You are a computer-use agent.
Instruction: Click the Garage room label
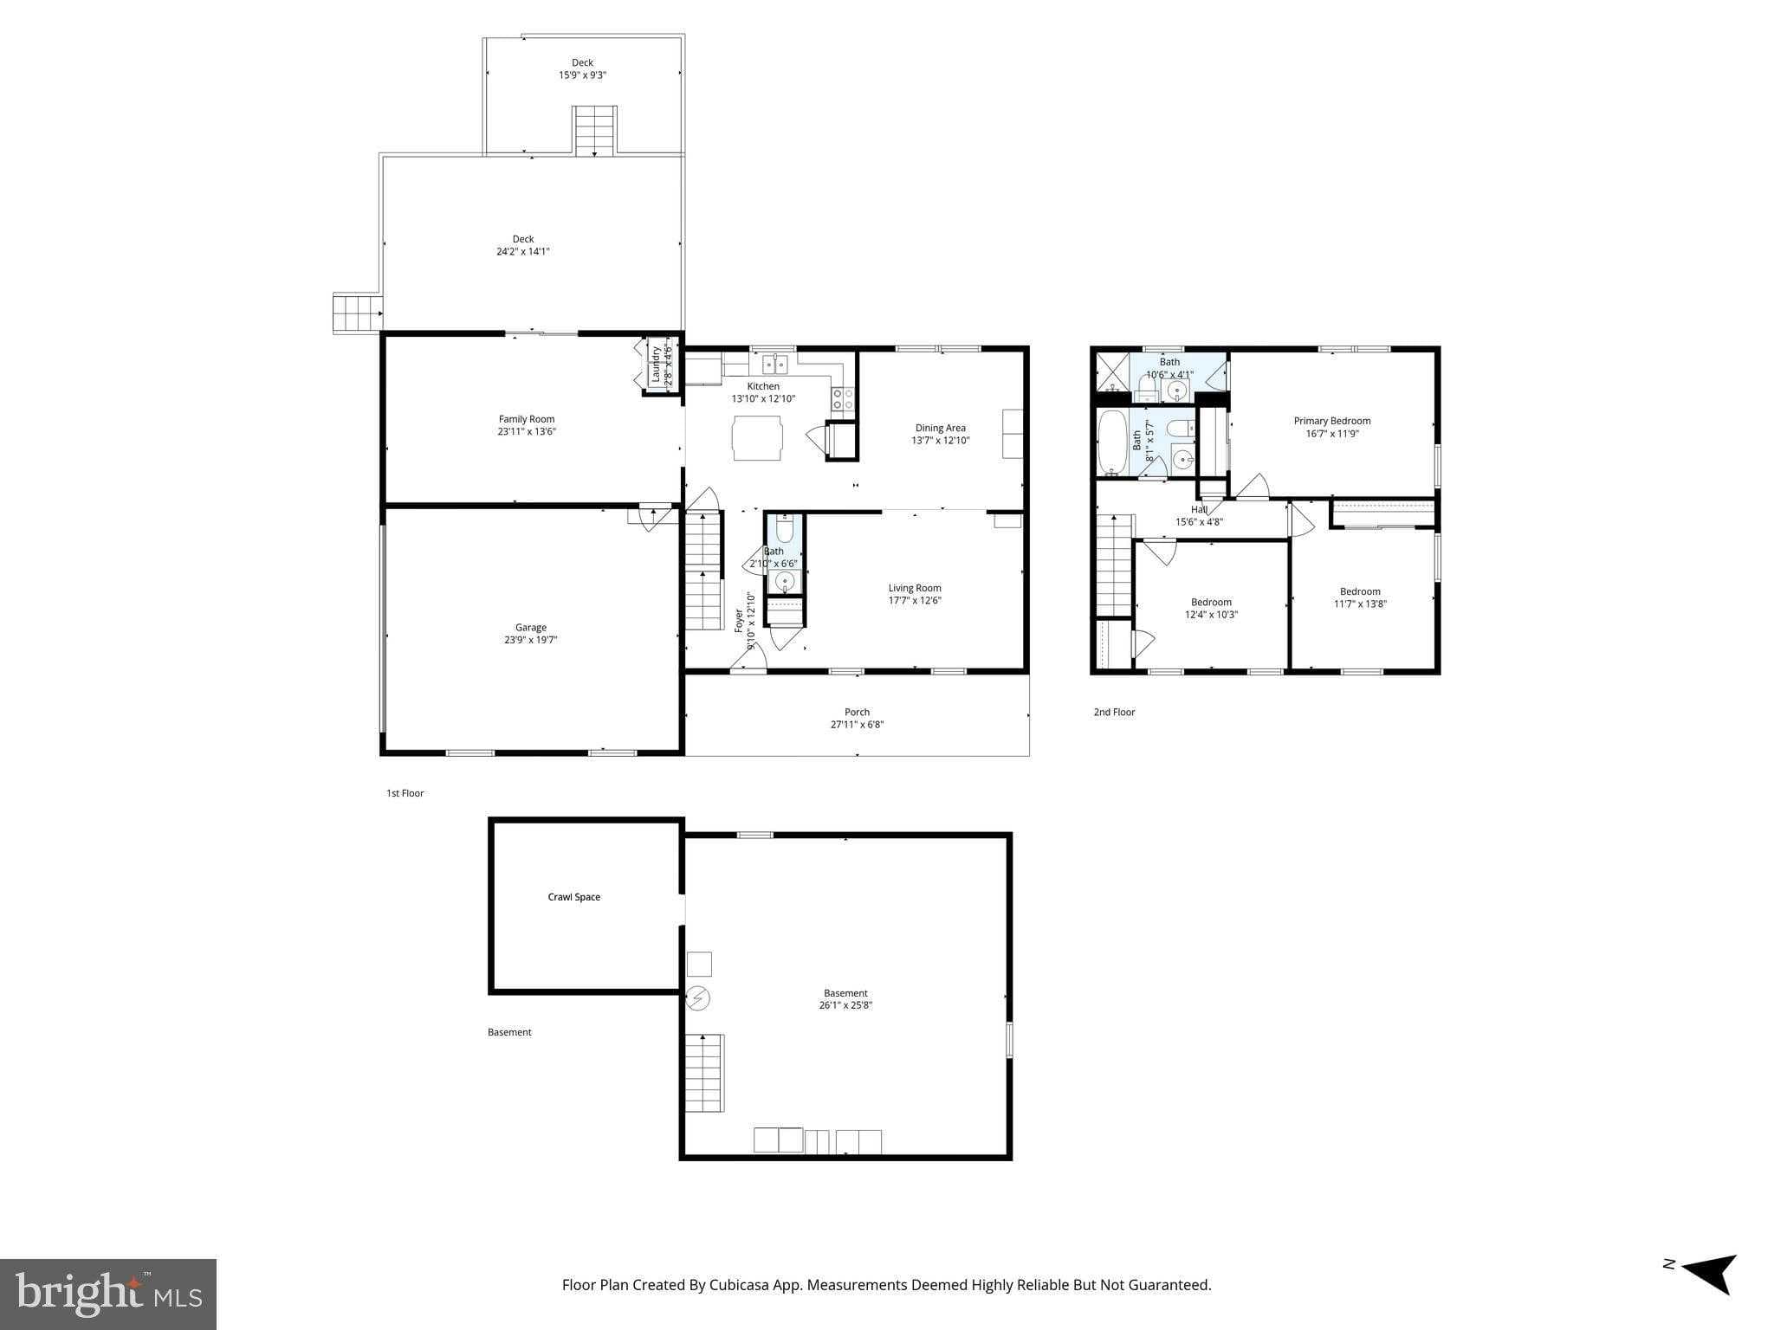coord(531,628)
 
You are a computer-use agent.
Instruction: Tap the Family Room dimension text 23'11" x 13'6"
coord(526,431)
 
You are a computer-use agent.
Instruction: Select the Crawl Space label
coord(573,897)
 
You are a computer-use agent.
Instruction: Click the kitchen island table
coord(757,438)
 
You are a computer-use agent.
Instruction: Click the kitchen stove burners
coord(843,399)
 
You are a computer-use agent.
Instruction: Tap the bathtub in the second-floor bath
coord(1111,442)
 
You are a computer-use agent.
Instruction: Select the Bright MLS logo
coord(108,1294)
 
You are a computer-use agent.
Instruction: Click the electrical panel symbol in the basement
coord(698,999)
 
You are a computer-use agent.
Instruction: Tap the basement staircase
coord(704,1073)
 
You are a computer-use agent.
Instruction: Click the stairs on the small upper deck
coord(595,132)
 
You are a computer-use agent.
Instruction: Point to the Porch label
coord(857,713)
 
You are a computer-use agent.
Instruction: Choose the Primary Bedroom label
coord(1331,421)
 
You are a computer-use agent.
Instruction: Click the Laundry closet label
coord(657,365)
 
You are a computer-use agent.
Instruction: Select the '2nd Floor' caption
coord(1114,713)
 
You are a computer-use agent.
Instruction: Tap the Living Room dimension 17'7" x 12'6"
coord(914,600)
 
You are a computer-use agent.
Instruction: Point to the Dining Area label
coord(940,428)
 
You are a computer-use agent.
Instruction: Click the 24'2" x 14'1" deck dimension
coord(522,252)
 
